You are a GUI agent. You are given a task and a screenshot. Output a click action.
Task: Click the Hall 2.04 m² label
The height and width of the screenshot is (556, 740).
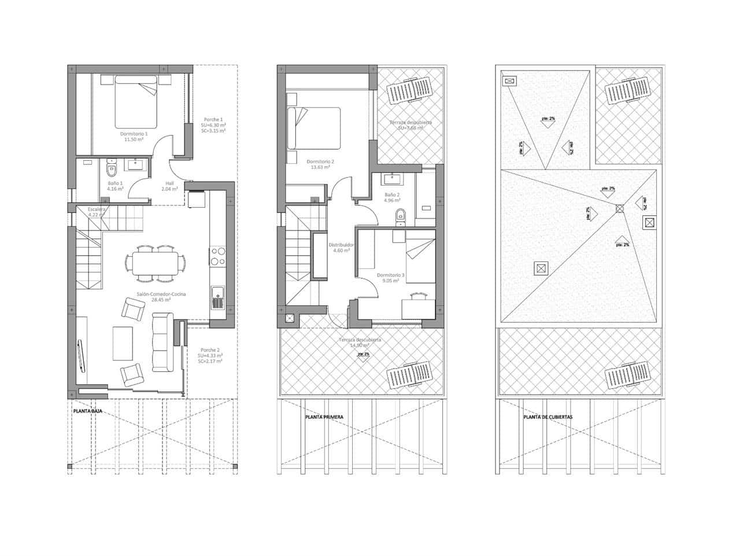click(169, 186)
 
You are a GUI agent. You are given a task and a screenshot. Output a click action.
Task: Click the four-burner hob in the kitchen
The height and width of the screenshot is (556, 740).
click(218, 257)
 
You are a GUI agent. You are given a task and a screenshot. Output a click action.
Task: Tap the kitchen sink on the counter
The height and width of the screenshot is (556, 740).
click(217, 297)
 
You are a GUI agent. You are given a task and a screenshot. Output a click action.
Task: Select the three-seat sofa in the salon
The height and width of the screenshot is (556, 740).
click(162, 343)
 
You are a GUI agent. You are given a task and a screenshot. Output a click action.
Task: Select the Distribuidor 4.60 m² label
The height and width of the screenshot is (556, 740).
click(341, 248)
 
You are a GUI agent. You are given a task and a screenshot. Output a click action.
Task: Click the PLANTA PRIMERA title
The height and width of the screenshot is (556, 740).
click(324, 417)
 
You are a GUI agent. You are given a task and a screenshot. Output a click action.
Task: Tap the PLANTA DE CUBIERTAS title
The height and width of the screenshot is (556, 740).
click(547, 417)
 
